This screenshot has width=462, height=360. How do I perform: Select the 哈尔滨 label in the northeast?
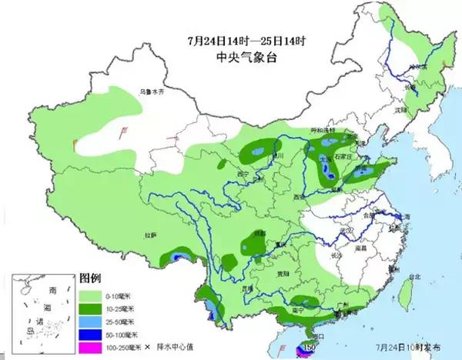coord(417,68)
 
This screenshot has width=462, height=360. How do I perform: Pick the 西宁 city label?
coord(244,174)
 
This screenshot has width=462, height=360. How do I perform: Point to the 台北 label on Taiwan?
coord(414,277)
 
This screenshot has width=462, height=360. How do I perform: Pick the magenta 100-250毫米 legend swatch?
coord(88,348)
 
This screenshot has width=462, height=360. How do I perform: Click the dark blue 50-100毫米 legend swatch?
coord(88,335)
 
